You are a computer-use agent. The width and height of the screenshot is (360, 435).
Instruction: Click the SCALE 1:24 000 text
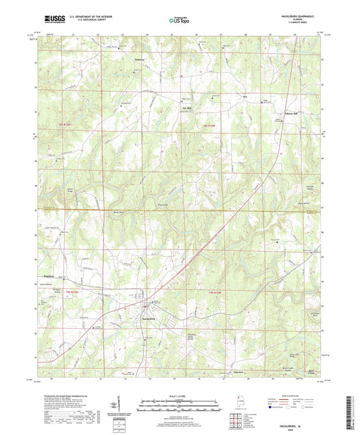(180, 395)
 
